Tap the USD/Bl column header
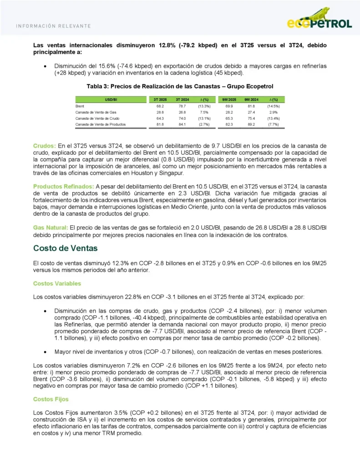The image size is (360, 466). tap(110, 99)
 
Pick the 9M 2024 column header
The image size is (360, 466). tap(251, 99)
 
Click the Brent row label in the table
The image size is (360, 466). tap(80, 106)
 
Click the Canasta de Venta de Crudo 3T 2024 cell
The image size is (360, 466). tap(182, 118)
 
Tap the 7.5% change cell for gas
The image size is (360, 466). tap(204, 111)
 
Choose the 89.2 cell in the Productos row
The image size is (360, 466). tap(251, 124)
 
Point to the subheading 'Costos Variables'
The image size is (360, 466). tap(57, 284)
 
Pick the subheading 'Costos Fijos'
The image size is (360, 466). tap(51, 399)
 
